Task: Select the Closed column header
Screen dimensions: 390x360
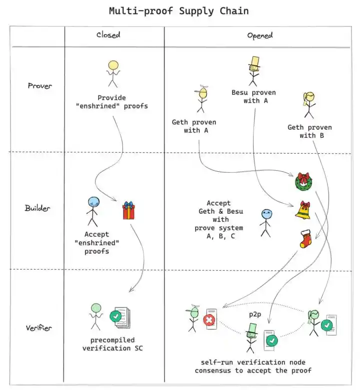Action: [108, 35]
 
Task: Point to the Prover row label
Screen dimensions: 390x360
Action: [40, 86]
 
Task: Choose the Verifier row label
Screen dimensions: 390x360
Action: [39, 328]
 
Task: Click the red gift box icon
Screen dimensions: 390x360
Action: [129, 210]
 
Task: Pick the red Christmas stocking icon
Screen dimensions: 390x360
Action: [305, 239]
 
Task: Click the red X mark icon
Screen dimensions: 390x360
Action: [209, 320]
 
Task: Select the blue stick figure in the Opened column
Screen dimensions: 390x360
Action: [265, 222]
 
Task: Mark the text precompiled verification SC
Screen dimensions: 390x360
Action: [112, 344]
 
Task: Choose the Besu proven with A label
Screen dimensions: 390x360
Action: [253, 96]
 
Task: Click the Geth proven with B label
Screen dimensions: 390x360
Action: [309, 131]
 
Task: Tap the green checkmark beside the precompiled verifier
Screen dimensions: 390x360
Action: [115, 316]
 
